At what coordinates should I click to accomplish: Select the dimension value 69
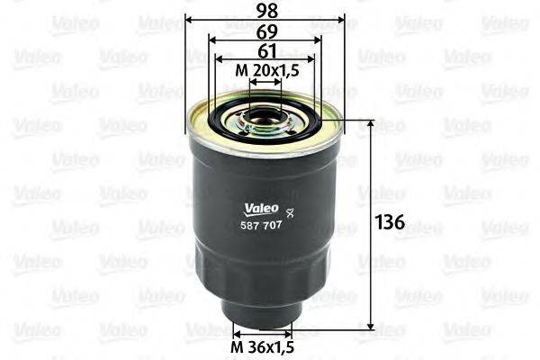(264, 30)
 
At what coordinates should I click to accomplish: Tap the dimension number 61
(264, 49)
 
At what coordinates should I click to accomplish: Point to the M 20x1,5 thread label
(265, 70)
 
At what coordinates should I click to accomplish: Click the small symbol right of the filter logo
(289, 212)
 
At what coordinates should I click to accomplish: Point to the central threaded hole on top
(265, 115)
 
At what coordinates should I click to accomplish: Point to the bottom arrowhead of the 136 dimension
(373, 327)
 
